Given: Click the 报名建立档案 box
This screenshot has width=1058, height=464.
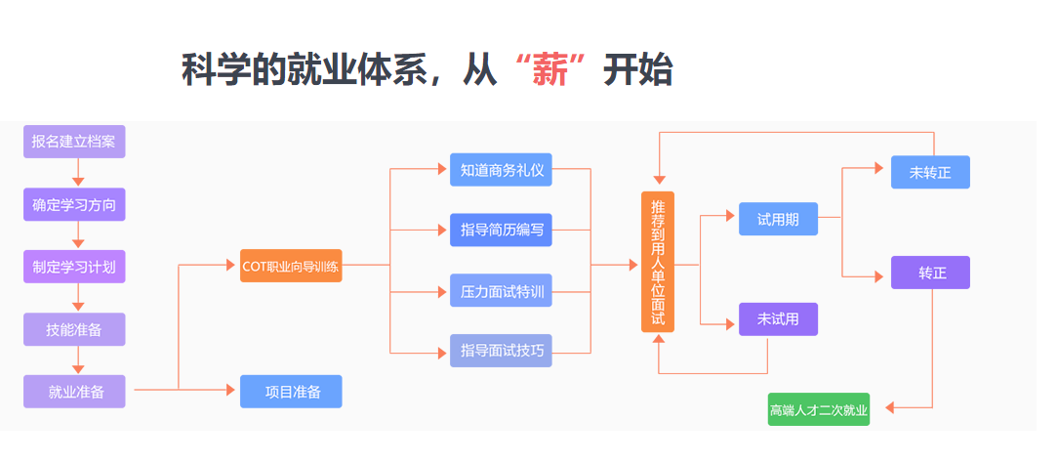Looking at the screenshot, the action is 74,142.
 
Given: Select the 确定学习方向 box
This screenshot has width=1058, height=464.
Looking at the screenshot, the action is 74,204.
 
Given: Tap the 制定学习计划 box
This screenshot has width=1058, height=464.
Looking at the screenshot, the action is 74,267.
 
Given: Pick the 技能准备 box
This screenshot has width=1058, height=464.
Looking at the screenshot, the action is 74,329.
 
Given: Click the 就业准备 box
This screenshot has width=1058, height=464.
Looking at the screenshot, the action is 74,392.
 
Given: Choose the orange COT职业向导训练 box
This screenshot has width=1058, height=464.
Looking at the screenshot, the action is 291,266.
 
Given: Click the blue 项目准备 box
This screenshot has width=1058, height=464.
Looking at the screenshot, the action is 291,392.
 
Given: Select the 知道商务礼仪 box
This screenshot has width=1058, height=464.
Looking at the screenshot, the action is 501,170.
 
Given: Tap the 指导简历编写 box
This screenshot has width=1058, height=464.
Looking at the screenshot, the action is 501,231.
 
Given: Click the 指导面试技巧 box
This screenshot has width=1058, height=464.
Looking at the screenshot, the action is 501,351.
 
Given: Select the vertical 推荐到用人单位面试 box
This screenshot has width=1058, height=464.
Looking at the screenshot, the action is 658,262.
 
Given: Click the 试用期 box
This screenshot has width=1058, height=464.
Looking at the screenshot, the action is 778,219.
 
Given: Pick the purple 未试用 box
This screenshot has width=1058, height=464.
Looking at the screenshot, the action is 778,319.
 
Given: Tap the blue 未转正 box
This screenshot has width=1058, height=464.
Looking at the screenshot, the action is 930,172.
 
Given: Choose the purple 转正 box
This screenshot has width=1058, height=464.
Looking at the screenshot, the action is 930,273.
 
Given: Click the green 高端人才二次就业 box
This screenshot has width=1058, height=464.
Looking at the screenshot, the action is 819,409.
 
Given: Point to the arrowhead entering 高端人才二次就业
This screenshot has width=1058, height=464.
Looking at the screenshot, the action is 890,407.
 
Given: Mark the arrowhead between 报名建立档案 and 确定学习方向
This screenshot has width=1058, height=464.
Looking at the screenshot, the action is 78,182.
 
